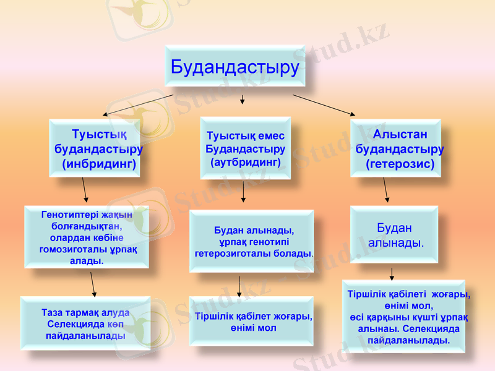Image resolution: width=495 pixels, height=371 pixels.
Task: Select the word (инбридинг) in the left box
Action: (99, 164)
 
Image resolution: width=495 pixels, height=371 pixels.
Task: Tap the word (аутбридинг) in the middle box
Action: (246, 162)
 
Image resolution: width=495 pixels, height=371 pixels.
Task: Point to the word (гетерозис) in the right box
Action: (400, 164)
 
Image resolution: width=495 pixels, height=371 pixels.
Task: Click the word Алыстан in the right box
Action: (400, 134)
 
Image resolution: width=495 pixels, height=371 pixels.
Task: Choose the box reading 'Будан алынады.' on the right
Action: (394, 235)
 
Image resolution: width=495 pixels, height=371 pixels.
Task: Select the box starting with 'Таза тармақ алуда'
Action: (85, 323)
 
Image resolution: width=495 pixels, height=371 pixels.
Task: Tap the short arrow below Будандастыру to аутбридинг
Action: (243, 99)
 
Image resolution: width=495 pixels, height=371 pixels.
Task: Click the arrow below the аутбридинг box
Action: (243, 192)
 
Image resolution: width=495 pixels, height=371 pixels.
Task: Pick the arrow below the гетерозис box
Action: (385, 190)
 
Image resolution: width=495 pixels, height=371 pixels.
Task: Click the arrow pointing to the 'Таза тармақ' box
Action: (93, 284)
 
